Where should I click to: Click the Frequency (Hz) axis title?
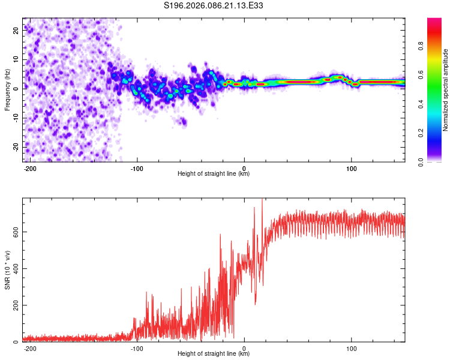pos(7,90)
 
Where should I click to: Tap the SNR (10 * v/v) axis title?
pos(7,271)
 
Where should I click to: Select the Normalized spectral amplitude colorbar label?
pos(446,90)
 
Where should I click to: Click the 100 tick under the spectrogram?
pos(351,167)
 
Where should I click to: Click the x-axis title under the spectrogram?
pos(214,174)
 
